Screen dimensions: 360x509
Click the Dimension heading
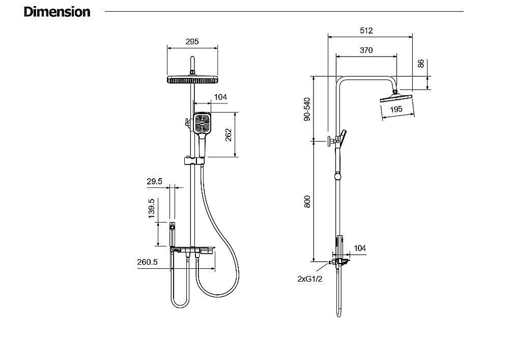57,12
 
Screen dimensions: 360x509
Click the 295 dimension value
192,42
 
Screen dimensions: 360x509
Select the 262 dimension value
229,134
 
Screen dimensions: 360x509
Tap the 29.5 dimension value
154,181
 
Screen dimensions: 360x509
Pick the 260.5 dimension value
147,262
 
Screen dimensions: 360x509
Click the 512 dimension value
366,31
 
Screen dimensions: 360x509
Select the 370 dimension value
366,50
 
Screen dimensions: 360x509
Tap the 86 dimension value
420,64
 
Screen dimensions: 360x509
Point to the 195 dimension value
396,109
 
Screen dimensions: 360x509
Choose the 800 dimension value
307,202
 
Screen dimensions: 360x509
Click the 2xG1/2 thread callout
310,279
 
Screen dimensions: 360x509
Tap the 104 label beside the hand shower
220,97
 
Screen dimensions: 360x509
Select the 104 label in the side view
359,248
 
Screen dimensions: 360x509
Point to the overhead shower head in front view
192,79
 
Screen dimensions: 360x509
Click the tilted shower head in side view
398,98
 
